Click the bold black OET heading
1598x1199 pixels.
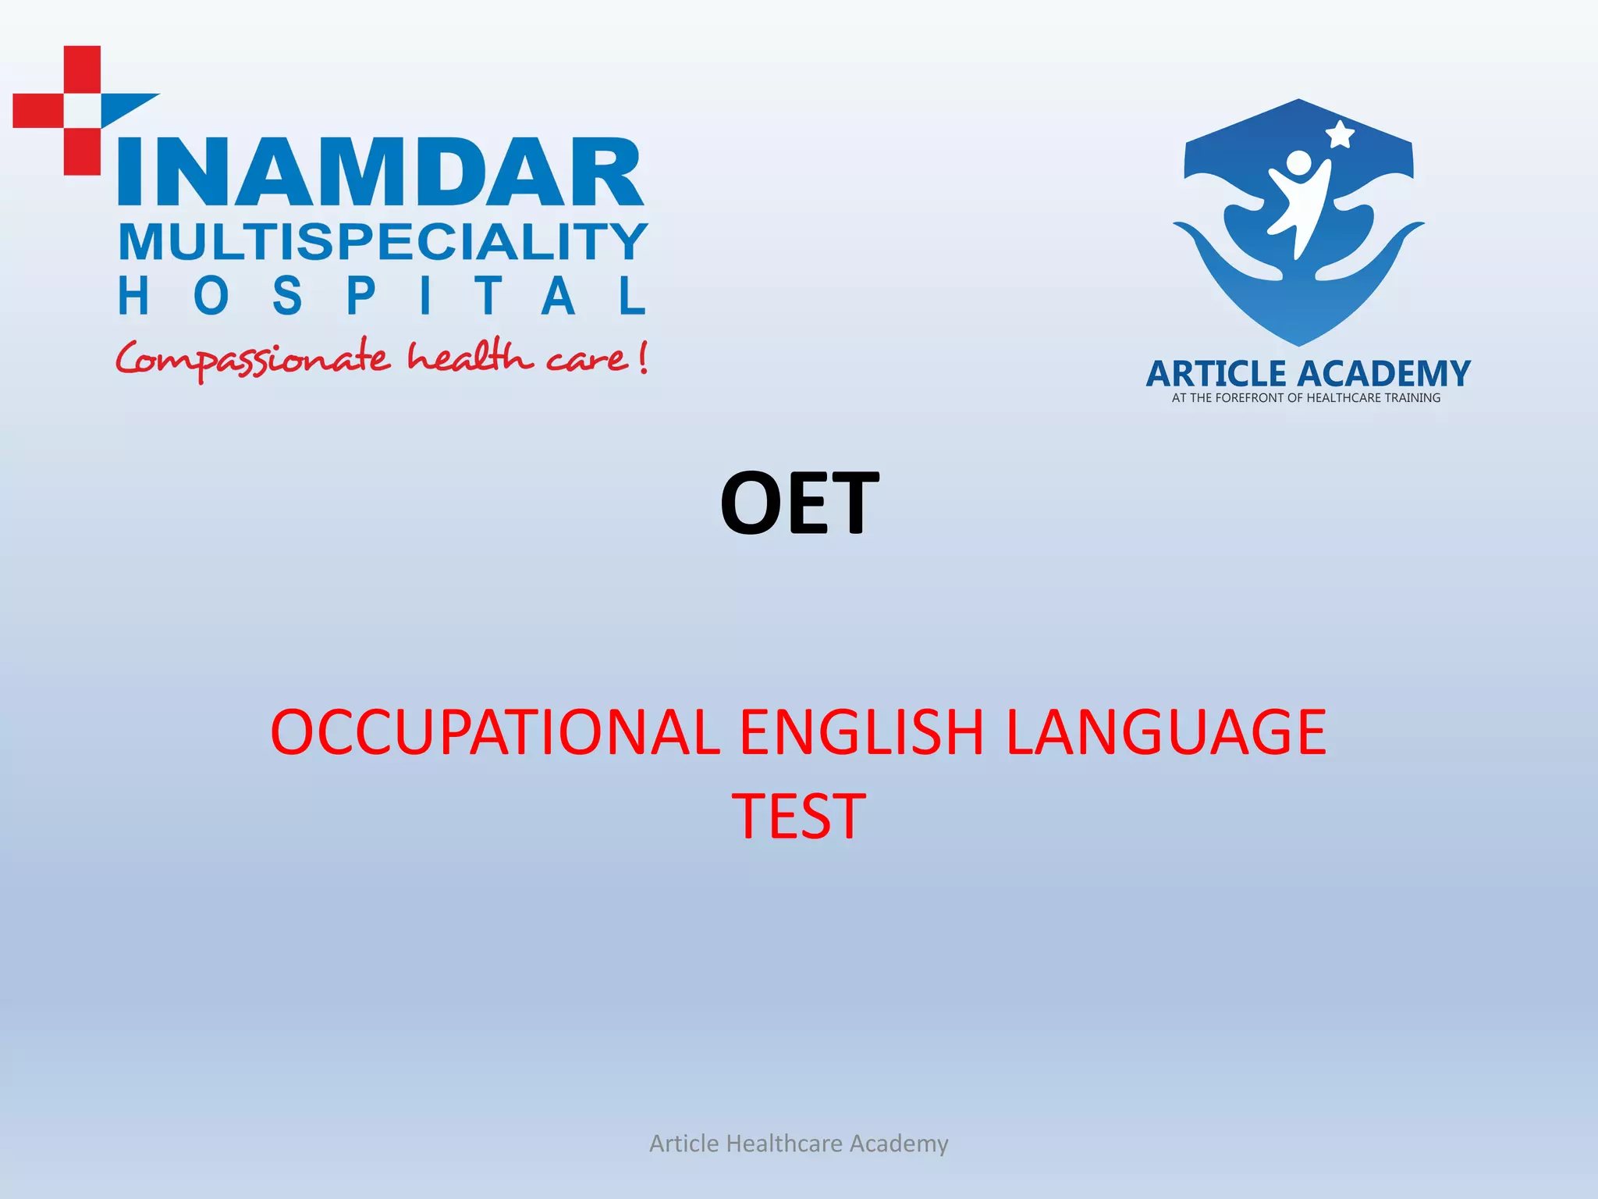click(799, 503)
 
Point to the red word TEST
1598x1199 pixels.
click(798, 817)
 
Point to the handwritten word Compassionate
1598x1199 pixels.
click(252, 359)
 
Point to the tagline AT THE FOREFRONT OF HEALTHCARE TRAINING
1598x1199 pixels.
click(1306, 398)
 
